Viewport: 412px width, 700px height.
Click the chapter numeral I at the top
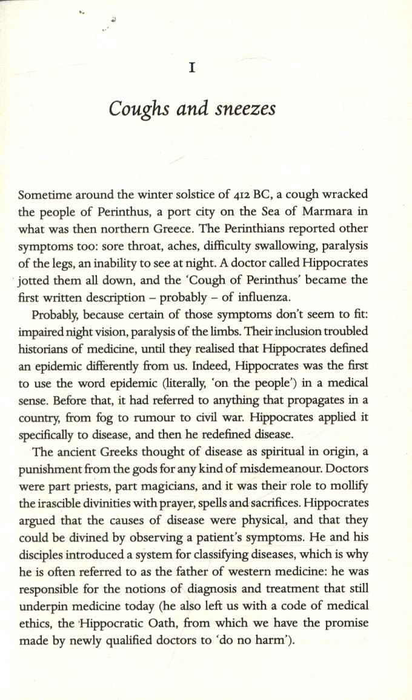pos(191,69)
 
